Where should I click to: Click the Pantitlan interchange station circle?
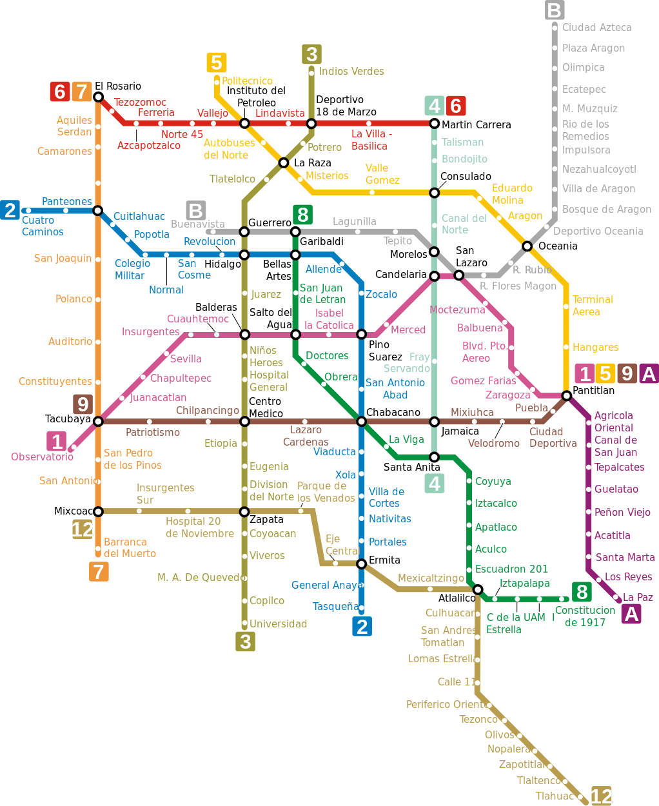coord(567,395)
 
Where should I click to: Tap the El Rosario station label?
coord(118,86)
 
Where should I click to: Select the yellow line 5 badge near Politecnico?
coord(217,63)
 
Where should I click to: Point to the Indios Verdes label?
coord(351,71)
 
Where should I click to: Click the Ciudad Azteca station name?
coord(596,28)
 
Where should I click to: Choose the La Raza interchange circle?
coord(283,162)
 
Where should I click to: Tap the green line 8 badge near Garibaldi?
coord(303,215)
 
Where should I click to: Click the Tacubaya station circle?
coord(98,422)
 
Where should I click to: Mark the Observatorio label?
coord(42,457)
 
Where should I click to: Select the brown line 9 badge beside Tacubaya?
coord(83,404)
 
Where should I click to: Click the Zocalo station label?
coord(381,294)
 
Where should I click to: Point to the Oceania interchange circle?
coord(527,246)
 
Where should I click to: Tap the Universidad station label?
coord(279,624)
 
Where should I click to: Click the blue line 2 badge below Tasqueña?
coord(362,627)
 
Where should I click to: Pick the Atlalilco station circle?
coord(477,589)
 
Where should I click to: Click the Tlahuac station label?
coord(555,796)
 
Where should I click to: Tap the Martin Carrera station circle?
coord(434,123)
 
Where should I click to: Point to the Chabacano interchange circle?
coord(361,422)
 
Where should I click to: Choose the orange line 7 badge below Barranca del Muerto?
coord(99,572)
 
